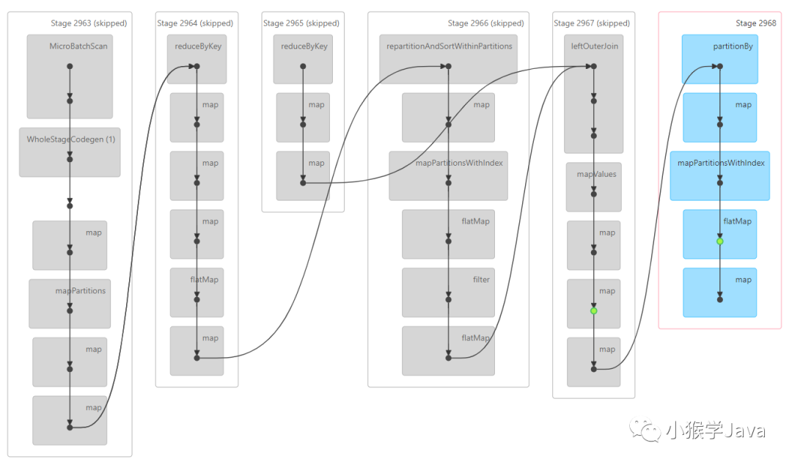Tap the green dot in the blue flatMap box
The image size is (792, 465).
pos(720,241)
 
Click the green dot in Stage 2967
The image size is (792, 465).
pos(594,311)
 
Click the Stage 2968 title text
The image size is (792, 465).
pos(755,23)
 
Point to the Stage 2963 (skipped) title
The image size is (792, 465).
pos(89,23)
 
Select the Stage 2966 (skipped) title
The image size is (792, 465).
pos(485,23)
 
